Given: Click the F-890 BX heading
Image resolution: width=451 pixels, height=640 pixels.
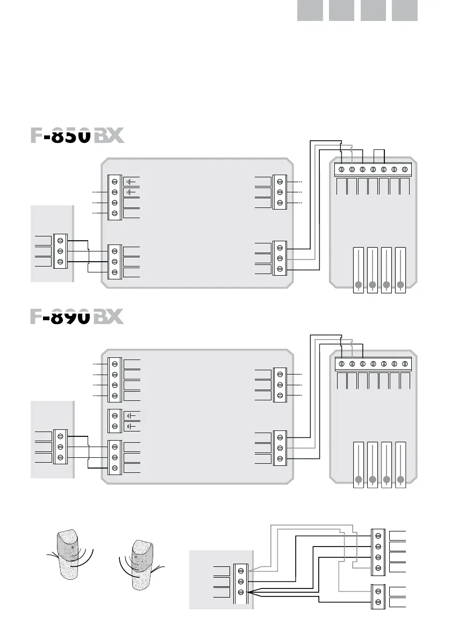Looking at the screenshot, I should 77,317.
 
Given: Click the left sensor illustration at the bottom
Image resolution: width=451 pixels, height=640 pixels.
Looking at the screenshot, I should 68,558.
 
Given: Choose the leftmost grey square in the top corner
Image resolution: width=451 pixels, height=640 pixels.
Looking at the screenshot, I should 310,10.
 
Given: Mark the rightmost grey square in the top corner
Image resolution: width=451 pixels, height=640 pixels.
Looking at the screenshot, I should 405,10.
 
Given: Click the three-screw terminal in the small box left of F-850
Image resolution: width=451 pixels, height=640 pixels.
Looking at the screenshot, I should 60,251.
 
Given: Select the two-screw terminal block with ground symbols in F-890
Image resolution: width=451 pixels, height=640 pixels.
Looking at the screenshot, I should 114,421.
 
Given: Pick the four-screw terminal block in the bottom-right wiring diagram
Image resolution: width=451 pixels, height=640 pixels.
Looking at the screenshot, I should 378,552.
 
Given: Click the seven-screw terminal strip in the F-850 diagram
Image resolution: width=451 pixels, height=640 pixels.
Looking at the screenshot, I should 373,169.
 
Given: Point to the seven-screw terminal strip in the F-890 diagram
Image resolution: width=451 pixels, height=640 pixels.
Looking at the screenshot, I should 373,363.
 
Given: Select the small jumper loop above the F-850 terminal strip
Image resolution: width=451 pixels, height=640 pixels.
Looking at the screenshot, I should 378,155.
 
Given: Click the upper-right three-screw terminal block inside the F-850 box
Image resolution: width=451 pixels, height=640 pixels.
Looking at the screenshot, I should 280,192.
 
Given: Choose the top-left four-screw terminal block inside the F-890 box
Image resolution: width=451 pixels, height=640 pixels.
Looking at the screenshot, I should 114,380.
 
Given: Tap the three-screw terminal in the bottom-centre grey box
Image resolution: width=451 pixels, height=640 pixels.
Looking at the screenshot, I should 240,581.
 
